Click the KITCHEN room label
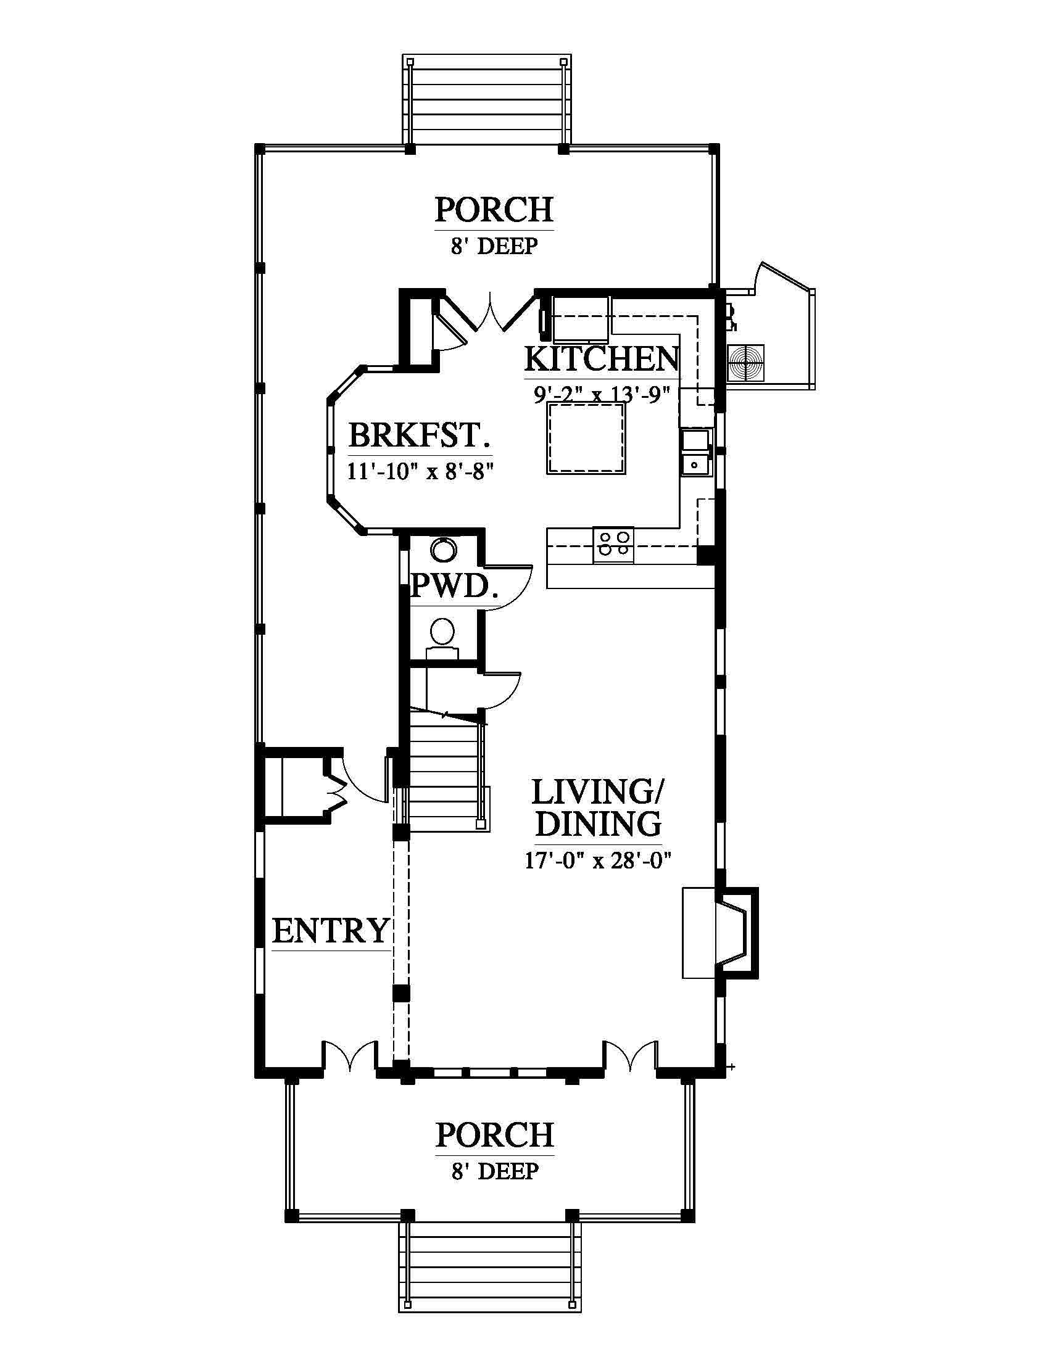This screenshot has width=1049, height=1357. (602, 358)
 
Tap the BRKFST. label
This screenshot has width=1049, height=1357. (420, 435)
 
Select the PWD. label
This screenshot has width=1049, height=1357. (454, 586)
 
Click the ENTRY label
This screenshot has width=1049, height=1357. (331, 931)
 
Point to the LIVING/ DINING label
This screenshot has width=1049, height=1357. (598, 809)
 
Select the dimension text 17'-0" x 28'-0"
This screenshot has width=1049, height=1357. (598, 860)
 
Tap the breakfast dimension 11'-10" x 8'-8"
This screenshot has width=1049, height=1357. (420, 472)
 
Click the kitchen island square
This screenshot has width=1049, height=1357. (586, 439)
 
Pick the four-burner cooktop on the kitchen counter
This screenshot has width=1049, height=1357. (613, 545)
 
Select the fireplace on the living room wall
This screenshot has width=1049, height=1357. (721, 934)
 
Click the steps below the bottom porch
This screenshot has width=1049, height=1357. (490, 1274)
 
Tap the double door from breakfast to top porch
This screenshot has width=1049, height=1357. (491, 313)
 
